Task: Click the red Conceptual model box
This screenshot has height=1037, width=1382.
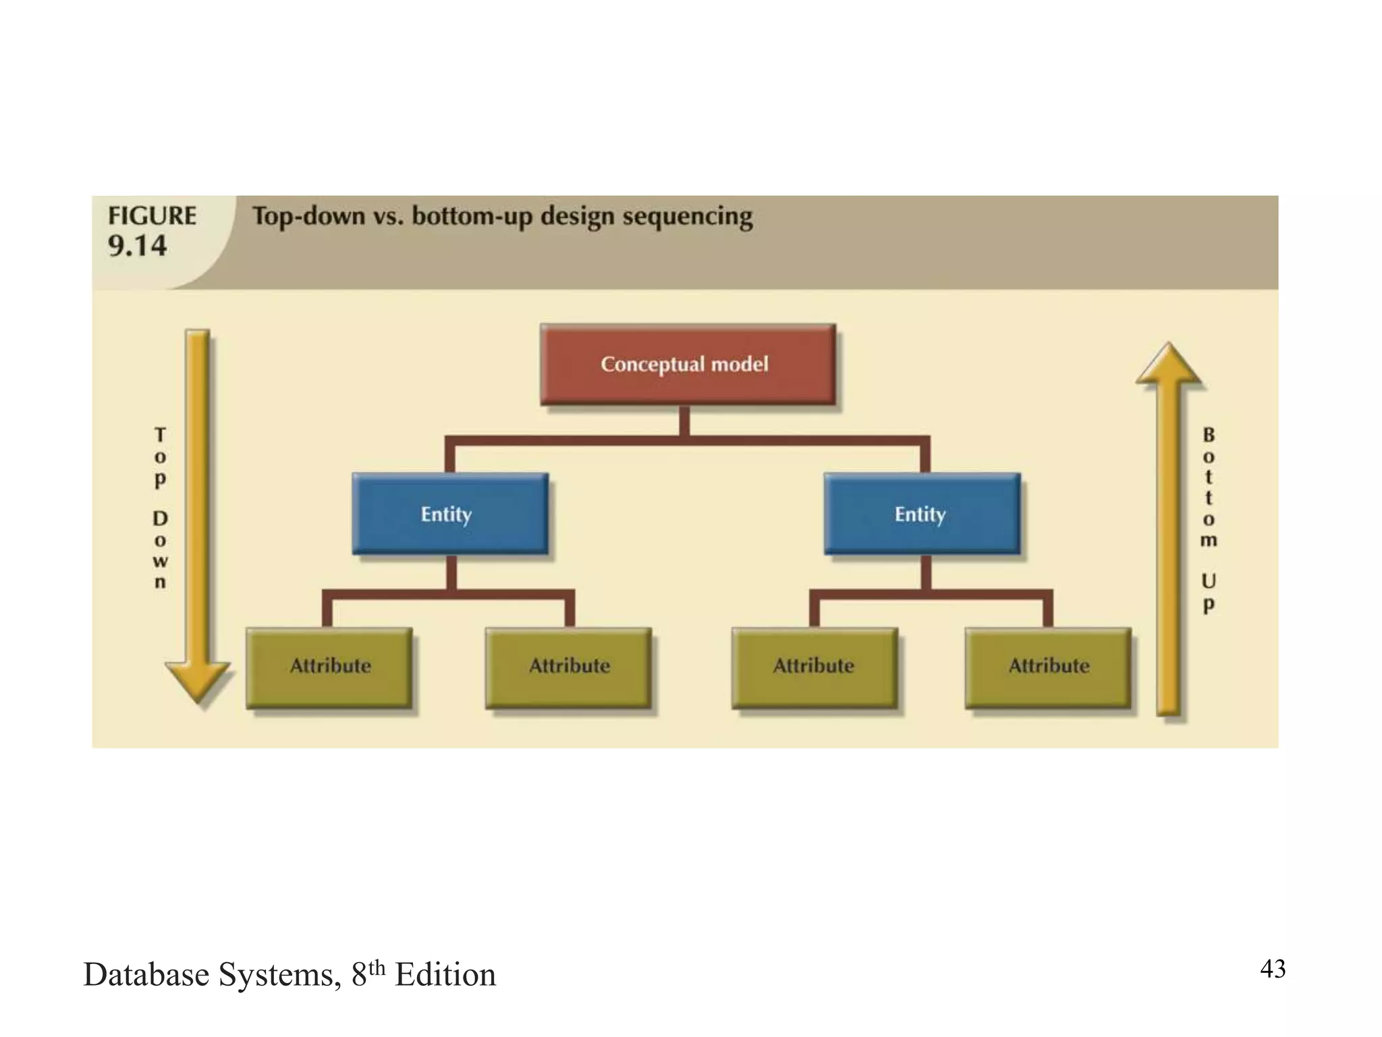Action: click(x=688, y=365)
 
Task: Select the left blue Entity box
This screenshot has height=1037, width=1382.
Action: click(x=450, y=514)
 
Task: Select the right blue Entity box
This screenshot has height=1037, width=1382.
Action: click(x=922, y=514)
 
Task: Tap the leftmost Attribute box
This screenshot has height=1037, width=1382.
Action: click(x=329, y=667)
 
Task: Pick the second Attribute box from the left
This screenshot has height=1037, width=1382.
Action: click(x=568, y=667)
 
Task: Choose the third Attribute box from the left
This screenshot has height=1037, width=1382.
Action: click(x=814, y=667)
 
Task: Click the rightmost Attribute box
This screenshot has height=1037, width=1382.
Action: click(x=1048, y=667)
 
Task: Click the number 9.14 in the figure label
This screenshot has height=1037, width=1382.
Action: click(x=137, y=246)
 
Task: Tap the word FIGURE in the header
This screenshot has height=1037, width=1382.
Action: click(x=152, y=216)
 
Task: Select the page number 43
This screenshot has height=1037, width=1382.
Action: click(x=1273, y=969)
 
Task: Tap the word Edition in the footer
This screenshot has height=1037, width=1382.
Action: click(x=445, y=975)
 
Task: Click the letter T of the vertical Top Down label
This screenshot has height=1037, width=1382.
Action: click(x=160, y=434)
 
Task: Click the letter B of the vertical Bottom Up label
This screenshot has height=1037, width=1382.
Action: click(x=1209, y=435)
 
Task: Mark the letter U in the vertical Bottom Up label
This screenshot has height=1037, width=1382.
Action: click(x=1209, y=581)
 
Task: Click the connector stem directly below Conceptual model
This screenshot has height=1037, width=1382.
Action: click(x=684, y=421)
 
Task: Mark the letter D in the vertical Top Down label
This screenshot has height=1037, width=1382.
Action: click(x=160, y=518)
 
